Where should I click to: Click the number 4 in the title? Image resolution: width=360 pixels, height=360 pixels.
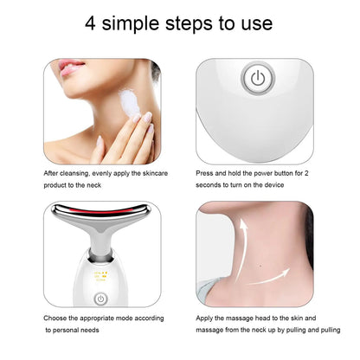[90, 23]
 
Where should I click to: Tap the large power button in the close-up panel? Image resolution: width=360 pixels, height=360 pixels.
[258, 79]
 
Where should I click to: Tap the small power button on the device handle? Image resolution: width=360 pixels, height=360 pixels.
[100, 299]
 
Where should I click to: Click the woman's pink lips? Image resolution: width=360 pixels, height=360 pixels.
[70, 67]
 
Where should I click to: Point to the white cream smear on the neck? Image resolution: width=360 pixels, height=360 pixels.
[129, 102]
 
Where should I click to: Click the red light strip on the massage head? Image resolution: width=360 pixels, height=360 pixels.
[102, 212]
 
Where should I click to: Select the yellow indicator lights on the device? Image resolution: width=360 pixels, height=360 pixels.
[101, 276]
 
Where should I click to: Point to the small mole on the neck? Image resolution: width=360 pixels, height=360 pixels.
[261, 266]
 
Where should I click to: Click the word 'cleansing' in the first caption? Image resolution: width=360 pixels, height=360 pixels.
[74, 174]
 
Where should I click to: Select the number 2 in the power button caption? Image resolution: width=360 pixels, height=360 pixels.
[306, 173]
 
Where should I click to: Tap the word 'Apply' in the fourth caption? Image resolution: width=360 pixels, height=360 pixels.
[204, 318]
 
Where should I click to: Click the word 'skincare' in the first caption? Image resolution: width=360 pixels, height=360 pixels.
[155, 173]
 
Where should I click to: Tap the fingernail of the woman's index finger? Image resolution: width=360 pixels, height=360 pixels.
[147, 116]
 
